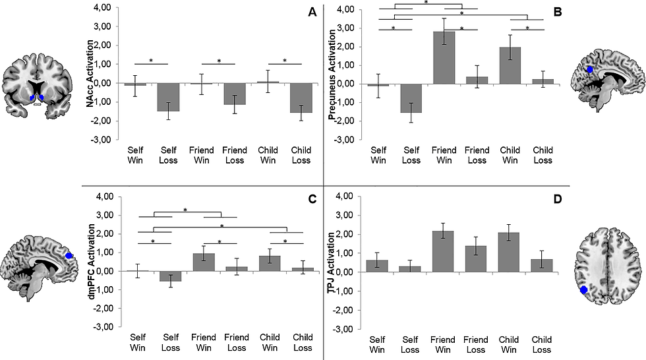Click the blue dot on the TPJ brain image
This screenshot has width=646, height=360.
(x=584, y=289)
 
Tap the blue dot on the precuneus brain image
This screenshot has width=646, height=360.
(x=590, y=69)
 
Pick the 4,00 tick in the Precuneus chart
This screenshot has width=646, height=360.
(x=345, y=9)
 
